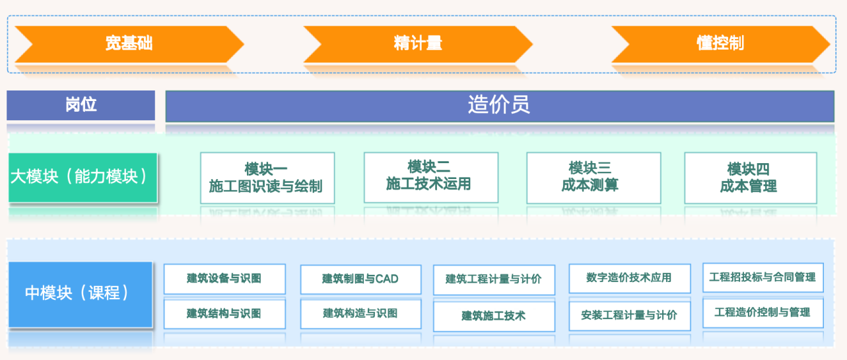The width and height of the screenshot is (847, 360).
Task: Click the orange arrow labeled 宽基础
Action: (129, 44)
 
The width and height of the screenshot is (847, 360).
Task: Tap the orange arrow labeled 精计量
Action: (417, 44)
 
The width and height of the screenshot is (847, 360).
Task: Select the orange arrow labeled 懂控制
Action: (720, 44)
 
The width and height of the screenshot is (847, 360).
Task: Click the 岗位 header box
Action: (81, 105)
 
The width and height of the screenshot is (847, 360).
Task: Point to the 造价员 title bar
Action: (499, 106)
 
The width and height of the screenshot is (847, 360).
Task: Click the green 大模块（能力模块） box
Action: (83, 177)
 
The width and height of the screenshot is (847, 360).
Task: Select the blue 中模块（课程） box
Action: (80, 293)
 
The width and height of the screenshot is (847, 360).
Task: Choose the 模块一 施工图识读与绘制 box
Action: (267, 178)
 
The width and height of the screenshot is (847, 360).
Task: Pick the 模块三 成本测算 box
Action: (593, 177)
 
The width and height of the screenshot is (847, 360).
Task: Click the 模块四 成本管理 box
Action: (750, 177)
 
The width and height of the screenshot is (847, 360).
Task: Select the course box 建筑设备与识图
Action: (224, 279)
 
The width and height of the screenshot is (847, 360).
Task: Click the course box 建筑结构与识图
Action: (224, 314)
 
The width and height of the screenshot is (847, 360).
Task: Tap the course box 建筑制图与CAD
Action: (360, 279)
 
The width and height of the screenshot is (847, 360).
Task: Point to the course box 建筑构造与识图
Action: (360, 314)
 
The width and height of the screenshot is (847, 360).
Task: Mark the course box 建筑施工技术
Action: (493, 316)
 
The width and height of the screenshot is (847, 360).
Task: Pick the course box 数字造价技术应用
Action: (629, 278)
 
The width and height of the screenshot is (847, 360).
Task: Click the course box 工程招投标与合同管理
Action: (762, 277)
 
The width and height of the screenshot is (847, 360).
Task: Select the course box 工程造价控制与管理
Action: (762, 312)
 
